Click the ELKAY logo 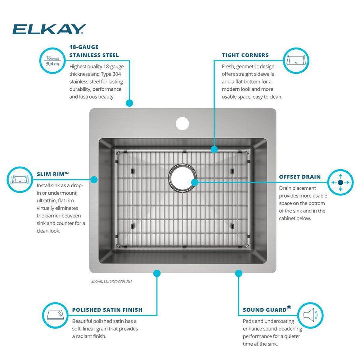click(x=49, y=29)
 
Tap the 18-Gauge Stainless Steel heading click(x=94, y=51)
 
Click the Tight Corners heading click(x=245, y=55)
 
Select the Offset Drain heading click(x=300, y=177)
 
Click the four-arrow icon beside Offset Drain click(x=340, y=183)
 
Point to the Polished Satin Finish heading click(x=107, y=310)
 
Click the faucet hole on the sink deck click(x=182, y=123)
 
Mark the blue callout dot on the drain click(x=195, y=182)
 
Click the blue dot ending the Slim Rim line click(x=94, y=179)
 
